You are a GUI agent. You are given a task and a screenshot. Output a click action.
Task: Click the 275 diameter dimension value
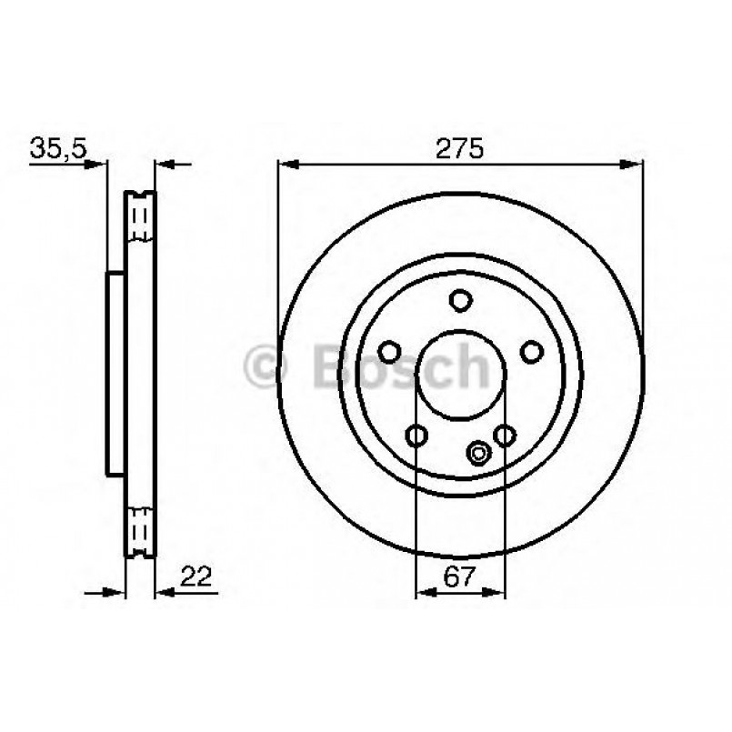459,149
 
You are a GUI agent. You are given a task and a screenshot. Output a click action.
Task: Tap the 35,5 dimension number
58,148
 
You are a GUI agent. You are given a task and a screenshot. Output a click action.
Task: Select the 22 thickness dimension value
196,577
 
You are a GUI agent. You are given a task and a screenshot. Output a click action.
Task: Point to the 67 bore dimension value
459,577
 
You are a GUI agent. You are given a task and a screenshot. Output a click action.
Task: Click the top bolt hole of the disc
461,300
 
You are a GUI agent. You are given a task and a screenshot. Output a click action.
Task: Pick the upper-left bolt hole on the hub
389,352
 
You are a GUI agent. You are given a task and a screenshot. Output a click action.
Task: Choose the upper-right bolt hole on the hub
532,352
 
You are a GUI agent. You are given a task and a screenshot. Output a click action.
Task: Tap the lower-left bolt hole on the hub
416,436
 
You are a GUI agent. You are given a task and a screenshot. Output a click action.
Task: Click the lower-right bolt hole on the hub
505,436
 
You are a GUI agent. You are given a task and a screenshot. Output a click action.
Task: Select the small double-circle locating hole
478,453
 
